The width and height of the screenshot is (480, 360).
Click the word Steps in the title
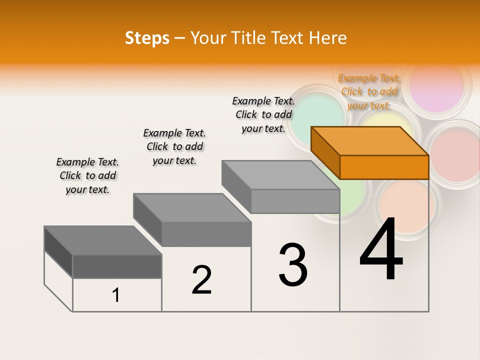point(147,38)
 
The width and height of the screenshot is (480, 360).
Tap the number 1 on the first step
point(116,295)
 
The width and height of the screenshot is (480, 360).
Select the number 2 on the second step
point(201,280)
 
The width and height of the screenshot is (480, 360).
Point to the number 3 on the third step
point(293,265)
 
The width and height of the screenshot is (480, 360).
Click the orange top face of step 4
point(369,141)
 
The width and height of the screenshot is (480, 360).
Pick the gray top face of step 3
point(280,175)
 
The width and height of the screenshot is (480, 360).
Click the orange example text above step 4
point(369,92)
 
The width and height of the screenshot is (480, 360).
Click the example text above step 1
point(87,175)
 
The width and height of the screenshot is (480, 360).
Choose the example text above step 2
point(174,146)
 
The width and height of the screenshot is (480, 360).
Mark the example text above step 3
point(263,114)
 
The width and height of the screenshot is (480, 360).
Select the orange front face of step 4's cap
point(384,167)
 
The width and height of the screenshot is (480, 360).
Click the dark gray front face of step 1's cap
point(117,266)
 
